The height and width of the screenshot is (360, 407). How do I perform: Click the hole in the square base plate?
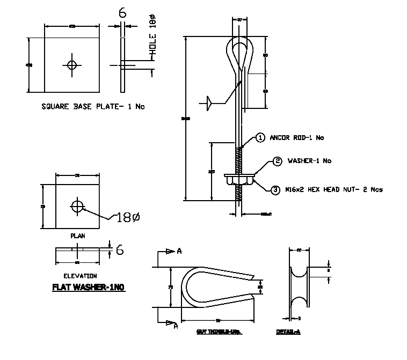72,65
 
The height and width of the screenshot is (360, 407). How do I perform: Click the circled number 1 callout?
260,138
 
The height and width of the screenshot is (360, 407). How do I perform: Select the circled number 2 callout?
277,161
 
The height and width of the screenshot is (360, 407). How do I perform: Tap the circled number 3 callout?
275,189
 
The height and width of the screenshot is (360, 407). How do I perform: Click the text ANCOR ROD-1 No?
297,138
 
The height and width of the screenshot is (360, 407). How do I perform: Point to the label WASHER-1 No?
310,161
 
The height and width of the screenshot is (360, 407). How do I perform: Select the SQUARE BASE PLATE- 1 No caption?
93,107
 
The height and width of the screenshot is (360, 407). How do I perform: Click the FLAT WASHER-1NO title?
88,288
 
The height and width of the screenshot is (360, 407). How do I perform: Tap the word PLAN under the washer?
77,236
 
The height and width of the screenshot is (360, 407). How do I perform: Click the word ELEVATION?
79,276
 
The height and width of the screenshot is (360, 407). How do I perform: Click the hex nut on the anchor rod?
239,181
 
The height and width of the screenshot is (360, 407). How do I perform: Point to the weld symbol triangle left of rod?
209,101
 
